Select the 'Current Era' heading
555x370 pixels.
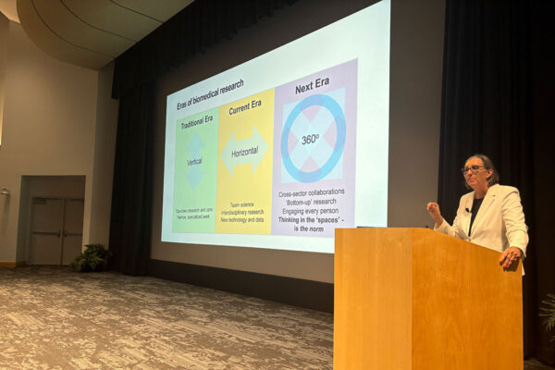244,108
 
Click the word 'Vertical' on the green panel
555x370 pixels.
195,161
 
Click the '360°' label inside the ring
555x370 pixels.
312,140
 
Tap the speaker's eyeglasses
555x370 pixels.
474,169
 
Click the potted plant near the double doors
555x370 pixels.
92,258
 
